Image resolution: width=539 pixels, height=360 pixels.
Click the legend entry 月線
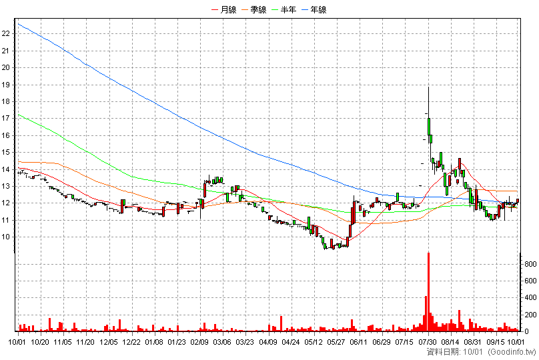click(x=223, y=10)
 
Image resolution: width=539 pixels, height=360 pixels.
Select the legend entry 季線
click(x=254, y=10)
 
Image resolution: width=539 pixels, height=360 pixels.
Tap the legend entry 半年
click(x=284, y=10)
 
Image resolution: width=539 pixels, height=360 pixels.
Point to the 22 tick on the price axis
click(x=6, y=33)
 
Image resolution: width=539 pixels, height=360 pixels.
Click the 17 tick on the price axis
click(x=6, y=118)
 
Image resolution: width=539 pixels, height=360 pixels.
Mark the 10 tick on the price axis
click(x=6, y=237)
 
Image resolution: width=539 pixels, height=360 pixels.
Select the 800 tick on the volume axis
click(x=530, y=264)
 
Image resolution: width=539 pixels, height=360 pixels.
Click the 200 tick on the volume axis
click(x=530, y=315)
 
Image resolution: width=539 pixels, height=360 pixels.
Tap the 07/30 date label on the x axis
click(x=428, y=342)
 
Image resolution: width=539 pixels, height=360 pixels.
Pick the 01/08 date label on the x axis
click(x=154, y=342)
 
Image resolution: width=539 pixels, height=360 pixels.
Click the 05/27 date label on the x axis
click(x=336, y=342)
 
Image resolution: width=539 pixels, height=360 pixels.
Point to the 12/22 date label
click(x=131, y=342)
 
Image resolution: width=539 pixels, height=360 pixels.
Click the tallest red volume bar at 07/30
click(x=429, y=292)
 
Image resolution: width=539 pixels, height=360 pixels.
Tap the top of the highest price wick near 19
click(x=429, y=87)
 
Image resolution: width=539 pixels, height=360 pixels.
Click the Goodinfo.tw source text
click(x=512, y=352)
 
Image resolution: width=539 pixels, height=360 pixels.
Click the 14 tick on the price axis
click(x=6, y=169)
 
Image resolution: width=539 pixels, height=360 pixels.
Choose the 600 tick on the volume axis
click(x=530, y=281)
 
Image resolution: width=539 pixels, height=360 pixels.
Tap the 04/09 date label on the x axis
click(x=268, y=342)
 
